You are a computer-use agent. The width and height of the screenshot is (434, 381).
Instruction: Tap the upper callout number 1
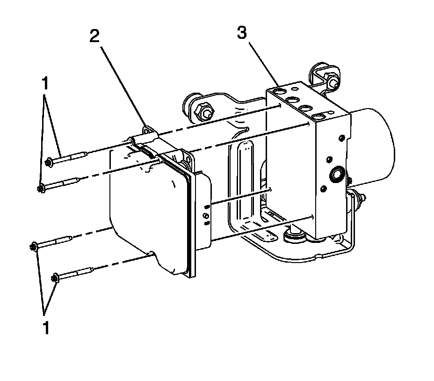pos(45,84)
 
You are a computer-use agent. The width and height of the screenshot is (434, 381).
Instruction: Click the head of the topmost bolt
pos(49,162)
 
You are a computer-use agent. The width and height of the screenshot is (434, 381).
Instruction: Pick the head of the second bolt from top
pos(41,189)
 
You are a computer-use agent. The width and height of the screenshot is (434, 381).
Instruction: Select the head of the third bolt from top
pos(34,246)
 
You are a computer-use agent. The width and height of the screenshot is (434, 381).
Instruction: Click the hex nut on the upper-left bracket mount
pos(204,112)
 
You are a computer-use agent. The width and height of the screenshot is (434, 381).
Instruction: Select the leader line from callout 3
pos(262,61)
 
